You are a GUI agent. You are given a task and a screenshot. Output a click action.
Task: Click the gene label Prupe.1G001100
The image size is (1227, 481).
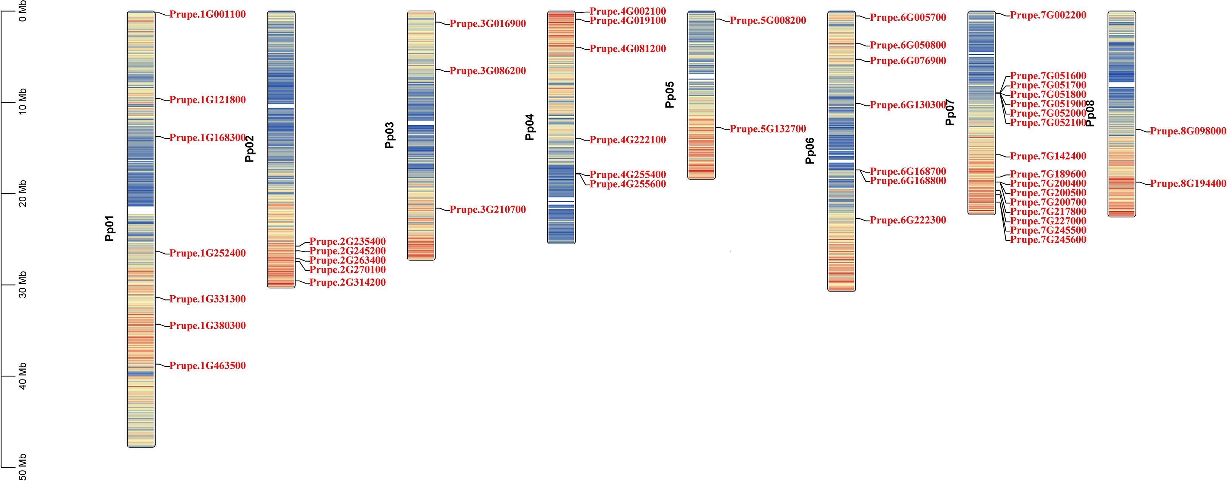point(208,15)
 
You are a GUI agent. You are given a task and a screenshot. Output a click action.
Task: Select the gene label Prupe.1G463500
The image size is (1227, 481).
point(208,366)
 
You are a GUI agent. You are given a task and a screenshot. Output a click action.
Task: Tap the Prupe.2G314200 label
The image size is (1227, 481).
point(348,282)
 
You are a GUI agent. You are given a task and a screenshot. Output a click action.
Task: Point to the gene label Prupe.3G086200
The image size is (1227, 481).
point(488,71)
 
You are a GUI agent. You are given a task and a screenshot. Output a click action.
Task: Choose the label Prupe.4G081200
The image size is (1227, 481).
point(628,49)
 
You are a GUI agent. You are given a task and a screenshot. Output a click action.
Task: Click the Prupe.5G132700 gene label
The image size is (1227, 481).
point(768,129)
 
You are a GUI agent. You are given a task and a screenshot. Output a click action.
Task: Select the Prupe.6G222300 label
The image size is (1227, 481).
point(908,220)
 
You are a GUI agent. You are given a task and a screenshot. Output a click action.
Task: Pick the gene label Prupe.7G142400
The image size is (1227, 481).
point(1048,156)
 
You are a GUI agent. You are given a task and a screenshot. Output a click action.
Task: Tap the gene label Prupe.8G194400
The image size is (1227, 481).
point(1188,184)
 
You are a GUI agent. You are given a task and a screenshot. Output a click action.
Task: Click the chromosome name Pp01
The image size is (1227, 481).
point(110,228)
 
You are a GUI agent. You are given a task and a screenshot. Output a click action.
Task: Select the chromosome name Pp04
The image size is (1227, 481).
point(530,127)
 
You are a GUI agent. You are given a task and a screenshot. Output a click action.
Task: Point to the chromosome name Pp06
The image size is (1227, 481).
point(810,151)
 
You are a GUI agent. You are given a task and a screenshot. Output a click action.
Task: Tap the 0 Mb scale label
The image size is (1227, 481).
point(22,11)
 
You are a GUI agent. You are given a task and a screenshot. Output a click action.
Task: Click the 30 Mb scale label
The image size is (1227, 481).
point(22,285)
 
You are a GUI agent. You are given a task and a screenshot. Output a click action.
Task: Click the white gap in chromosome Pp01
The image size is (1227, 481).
point(141,210)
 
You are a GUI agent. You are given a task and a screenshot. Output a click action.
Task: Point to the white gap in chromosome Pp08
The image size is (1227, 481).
point(1122,84)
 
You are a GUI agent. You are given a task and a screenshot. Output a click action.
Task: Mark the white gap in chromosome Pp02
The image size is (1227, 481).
point(281,106)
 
